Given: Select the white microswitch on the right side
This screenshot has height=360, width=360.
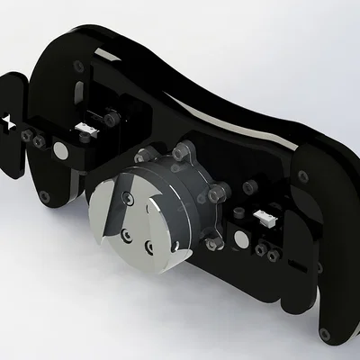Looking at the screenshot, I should [x=265, y=217].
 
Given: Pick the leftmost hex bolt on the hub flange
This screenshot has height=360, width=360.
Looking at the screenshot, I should [x=138, y=154].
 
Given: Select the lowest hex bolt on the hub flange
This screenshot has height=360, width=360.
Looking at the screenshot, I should [x=212, y=244].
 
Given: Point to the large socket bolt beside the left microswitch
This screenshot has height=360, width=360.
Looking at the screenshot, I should [x=112, y=118].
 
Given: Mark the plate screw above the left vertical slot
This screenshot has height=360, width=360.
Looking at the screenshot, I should [x=81, y=67].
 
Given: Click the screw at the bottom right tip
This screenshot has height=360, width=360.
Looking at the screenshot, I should [x=326, y=332].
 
